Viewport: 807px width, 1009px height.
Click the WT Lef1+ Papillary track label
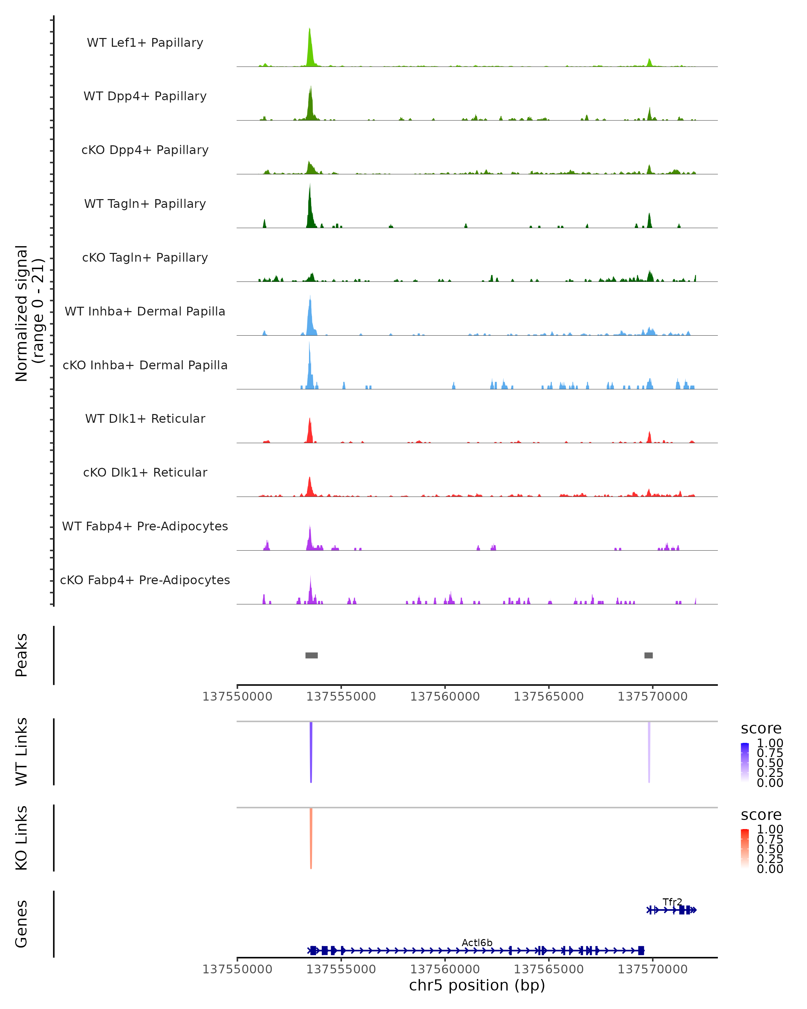[145, 43]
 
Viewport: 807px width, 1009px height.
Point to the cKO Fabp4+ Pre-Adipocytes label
[145, 580]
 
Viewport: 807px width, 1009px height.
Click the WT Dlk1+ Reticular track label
[145, 418]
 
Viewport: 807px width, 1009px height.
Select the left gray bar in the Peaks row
[312, 655]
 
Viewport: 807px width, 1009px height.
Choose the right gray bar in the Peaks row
[648, 655]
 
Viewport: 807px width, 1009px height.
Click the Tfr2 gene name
[672, 902]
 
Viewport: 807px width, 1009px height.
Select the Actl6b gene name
[477, 942]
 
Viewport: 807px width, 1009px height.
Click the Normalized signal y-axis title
[29, 313]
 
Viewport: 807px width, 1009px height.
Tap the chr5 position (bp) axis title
[477, 985]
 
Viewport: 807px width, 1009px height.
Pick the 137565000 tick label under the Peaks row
[548, 697]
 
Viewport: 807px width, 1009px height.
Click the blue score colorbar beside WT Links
[745, 762]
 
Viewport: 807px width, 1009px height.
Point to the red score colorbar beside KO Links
[745, 849]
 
